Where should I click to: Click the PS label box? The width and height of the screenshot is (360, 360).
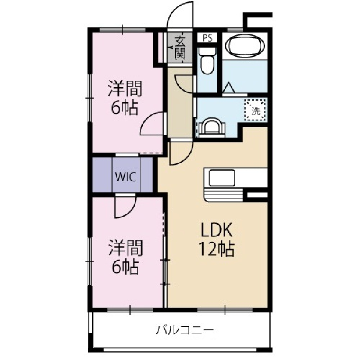[207, 38]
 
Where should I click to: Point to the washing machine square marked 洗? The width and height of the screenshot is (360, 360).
[255, 111]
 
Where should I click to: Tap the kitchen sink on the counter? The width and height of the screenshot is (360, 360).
[222, 177]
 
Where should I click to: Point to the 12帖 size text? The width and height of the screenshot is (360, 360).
[217, 249]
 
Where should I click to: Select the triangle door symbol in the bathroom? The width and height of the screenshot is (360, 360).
[228, 88]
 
